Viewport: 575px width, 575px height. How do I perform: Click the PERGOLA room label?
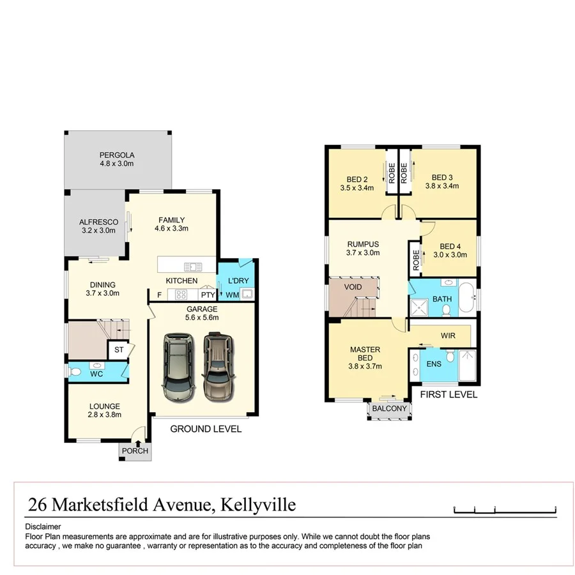pyautogui.click(x=117, y=155)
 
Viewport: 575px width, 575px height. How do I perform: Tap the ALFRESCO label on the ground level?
pyautogui.click(x=98, y=222)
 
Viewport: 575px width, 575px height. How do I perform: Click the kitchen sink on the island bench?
pyautogui.click(x=192, y=267)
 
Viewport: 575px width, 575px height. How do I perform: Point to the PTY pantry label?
pyautogui.click(x=208, y=295)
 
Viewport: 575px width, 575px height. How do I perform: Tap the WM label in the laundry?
pyautogui.click(x=231, y=295)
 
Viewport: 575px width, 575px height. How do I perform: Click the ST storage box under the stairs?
pyautogui.click(x=118, y=349)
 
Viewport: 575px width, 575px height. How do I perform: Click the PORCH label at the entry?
pyautogui.click(x=135, y=451)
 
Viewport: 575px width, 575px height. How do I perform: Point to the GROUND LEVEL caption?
pyautogui.click(x=206, y=429)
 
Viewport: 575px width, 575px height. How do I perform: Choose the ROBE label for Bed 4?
pyautogui.click(x=415, y=259)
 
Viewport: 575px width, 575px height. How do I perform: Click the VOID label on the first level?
pyautogui.click(x=353, y=287)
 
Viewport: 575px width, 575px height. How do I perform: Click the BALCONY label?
pyautogui.click(x=389, y=409)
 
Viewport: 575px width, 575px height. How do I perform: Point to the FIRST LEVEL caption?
pyautogui.click(x=448, y=395)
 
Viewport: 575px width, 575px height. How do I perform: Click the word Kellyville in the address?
pyautogui.click(x=258, y=505)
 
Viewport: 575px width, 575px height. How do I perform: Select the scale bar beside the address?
pyautogui.click(x=505, y=509)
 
